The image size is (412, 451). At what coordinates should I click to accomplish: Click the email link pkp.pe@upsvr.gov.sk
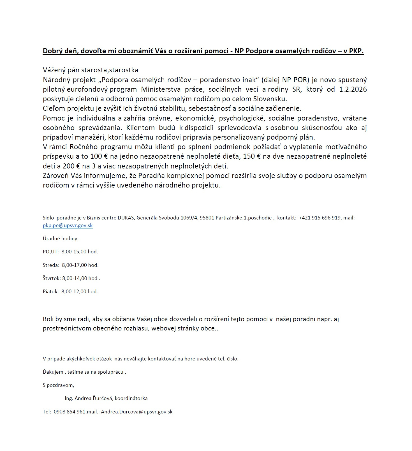[x=68, y=225]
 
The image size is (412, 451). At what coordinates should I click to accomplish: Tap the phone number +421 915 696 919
[x=320, y=218]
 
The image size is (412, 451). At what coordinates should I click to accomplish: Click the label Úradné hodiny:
[x=61, y=239]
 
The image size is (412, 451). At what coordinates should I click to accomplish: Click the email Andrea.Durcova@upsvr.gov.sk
[x=137, y=412]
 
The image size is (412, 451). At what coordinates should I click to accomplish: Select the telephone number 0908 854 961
[x=70, y=412]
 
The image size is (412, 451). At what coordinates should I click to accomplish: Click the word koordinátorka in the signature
[x=131, y=398]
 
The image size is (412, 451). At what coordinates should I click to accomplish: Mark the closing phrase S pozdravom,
[x=59, y=385]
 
